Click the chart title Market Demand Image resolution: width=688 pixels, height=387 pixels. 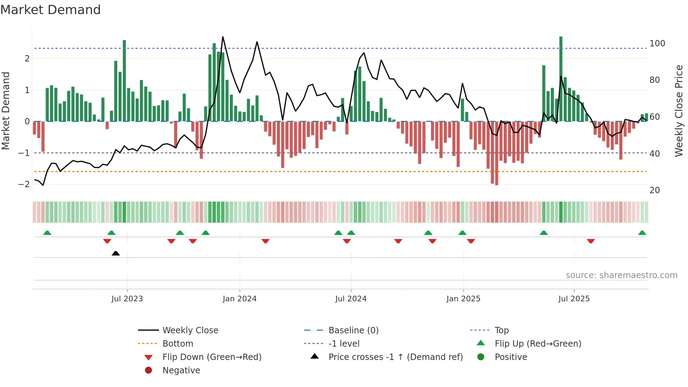[51, 10]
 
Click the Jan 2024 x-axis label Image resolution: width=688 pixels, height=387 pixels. [239, 299]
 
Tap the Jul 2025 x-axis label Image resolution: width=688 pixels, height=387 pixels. [574, 299]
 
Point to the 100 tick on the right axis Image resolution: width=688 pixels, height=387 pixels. [657, 44]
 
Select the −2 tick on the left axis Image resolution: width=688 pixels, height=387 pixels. [24, 184]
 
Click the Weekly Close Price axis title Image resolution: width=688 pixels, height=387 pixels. [679, 111]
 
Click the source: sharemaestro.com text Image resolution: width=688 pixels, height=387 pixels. [621, 275]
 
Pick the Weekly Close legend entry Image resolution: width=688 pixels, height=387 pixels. [190, 330]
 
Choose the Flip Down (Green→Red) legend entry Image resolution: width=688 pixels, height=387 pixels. [212, 357]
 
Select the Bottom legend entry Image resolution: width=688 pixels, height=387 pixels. [178, 344]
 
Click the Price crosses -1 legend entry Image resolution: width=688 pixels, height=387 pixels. [395, 357]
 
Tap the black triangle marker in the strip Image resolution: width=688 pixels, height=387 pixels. [115, 253]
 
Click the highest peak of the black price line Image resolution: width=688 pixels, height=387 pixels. [223, 37]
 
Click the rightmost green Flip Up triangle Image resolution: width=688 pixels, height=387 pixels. [642, 233]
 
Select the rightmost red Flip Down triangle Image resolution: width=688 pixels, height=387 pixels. [591, 241]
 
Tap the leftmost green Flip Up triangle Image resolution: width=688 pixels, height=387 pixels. [47, 233]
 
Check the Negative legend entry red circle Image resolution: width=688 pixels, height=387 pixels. [148, 370]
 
